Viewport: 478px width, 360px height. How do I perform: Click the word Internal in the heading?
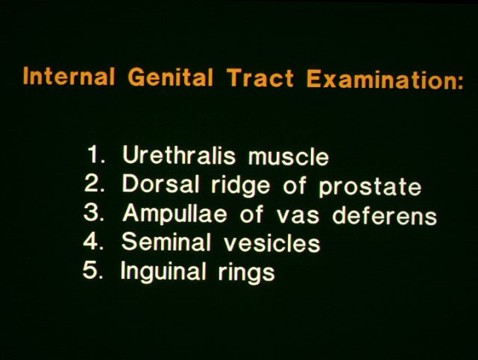pos(69,76)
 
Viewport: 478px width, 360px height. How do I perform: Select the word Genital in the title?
pos(170,77)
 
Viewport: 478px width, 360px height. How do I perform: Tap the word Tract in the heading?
pos(260,78)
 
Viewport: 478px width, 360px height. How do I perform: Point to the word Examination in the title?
pos(385,80)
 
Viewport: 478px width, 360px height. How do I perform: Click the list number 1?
pos(95,154)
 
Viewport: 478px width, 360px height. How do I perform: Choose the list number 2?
pos(94,183)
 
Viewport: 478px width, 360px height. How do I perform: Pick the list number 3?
pos(94,212)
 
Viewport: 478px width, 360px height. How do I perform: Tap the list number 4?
pos(94,241)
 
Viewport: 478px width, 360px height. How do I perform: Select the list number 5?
pos(93,270)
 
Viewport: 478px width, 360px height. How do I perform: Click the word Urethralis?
pos(179,154)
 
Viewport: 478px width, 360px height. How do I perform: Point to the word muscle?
pos(289,157)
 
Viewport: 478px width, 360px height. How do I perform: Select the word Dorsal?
pos(160,183)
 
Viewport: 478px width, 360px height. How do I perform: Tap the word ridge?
pos(241,185)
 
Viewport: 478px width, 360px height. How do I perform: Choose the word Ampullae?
pos(174,214)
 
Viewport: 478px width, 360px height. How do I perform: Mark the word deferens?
pos(384,215)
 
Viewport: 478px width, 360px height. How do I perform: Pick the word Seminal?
pos(166,241)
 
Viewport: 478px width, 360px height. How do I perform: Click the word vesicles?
pos(272,243)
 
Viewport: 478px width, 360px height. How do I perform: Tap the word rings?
pos(246,273)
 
